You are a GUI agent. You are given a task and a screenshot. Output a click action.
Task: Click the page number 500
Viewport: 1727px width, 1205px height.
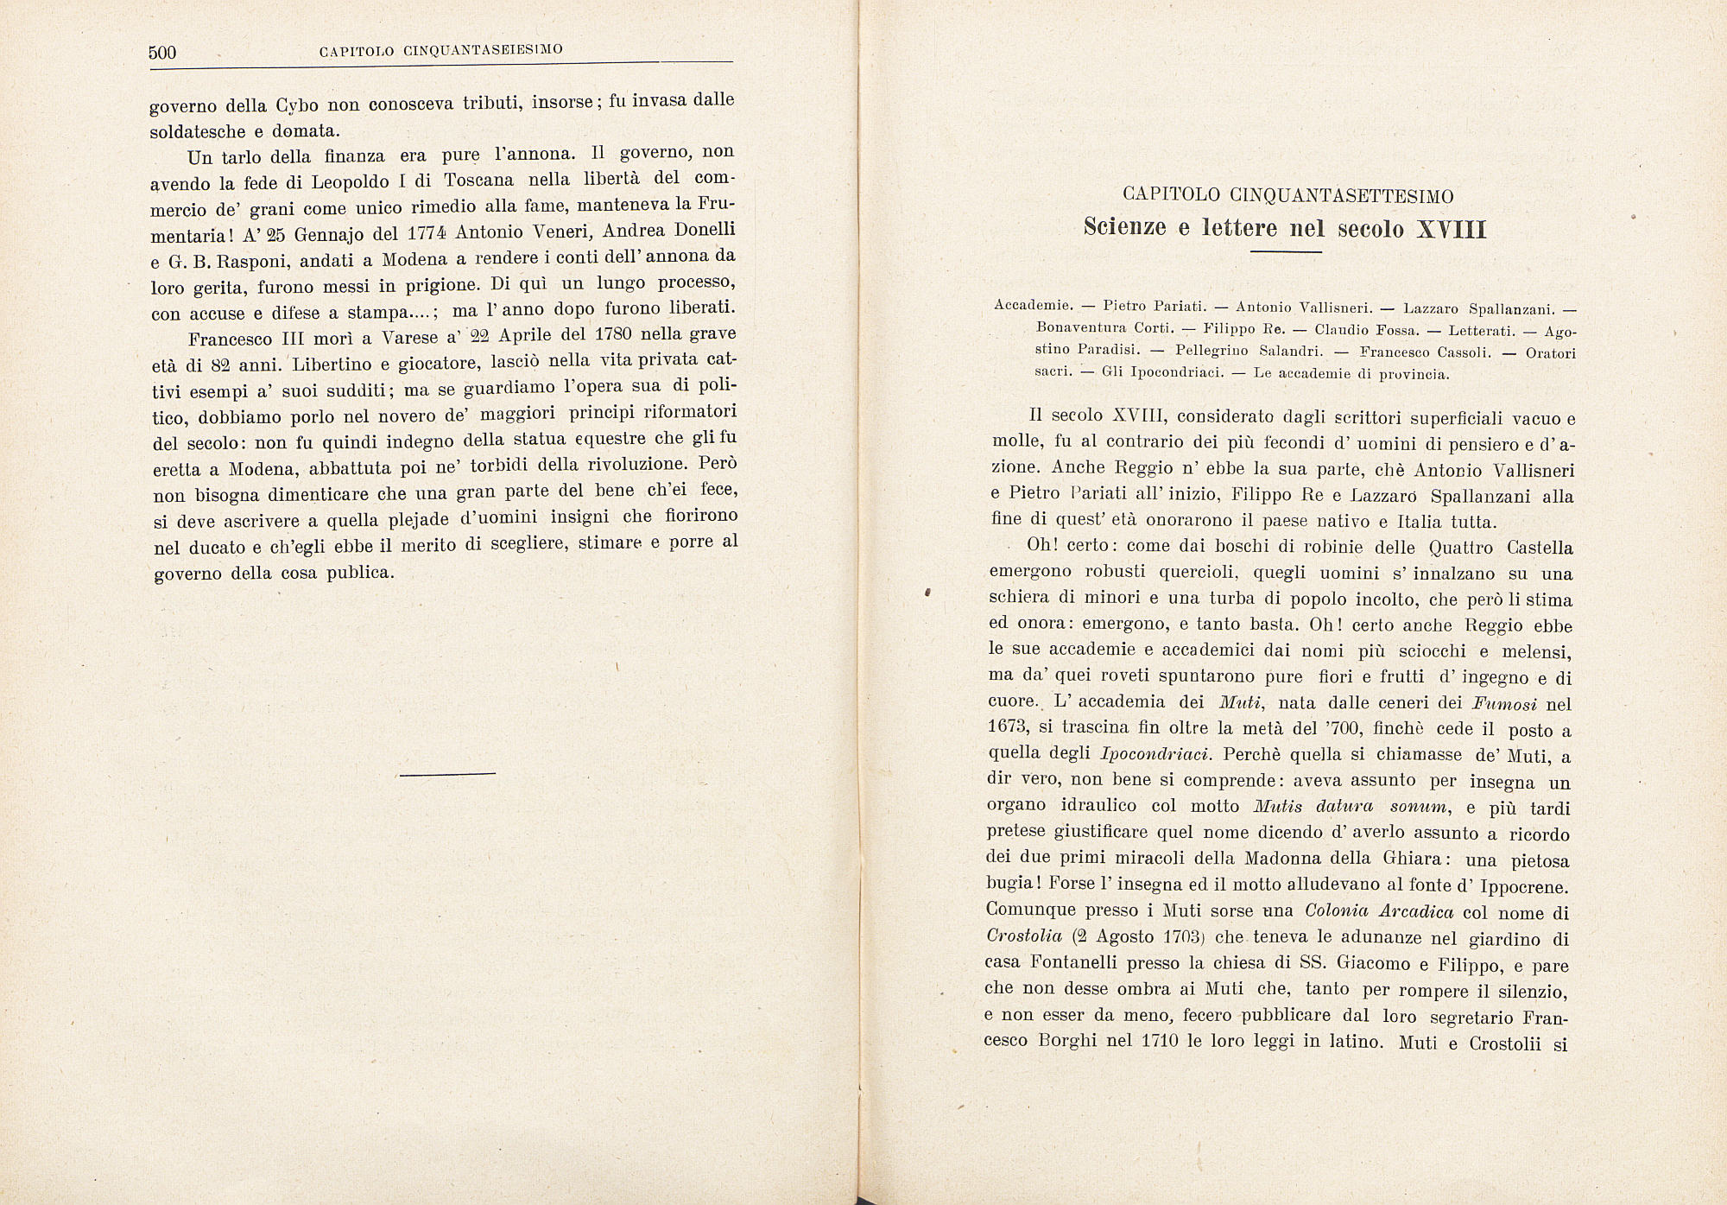pos(162,53)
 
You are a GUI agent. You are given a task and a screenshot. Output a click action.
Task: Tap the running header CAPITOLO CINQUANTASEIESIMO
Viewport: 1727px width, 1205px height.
pos(440,50)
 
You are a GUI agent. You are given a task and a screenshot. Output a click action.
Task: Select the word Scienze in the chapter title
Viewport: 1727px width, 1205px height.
pos(1123,228)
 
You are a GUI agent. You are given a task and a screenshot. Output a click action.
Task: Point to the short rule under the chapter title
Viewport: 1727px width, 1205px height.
pos(1286,252)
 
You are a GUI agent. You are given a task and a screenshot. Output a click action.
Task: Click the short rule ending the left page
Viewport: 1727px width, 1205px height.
pos(448,773)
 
